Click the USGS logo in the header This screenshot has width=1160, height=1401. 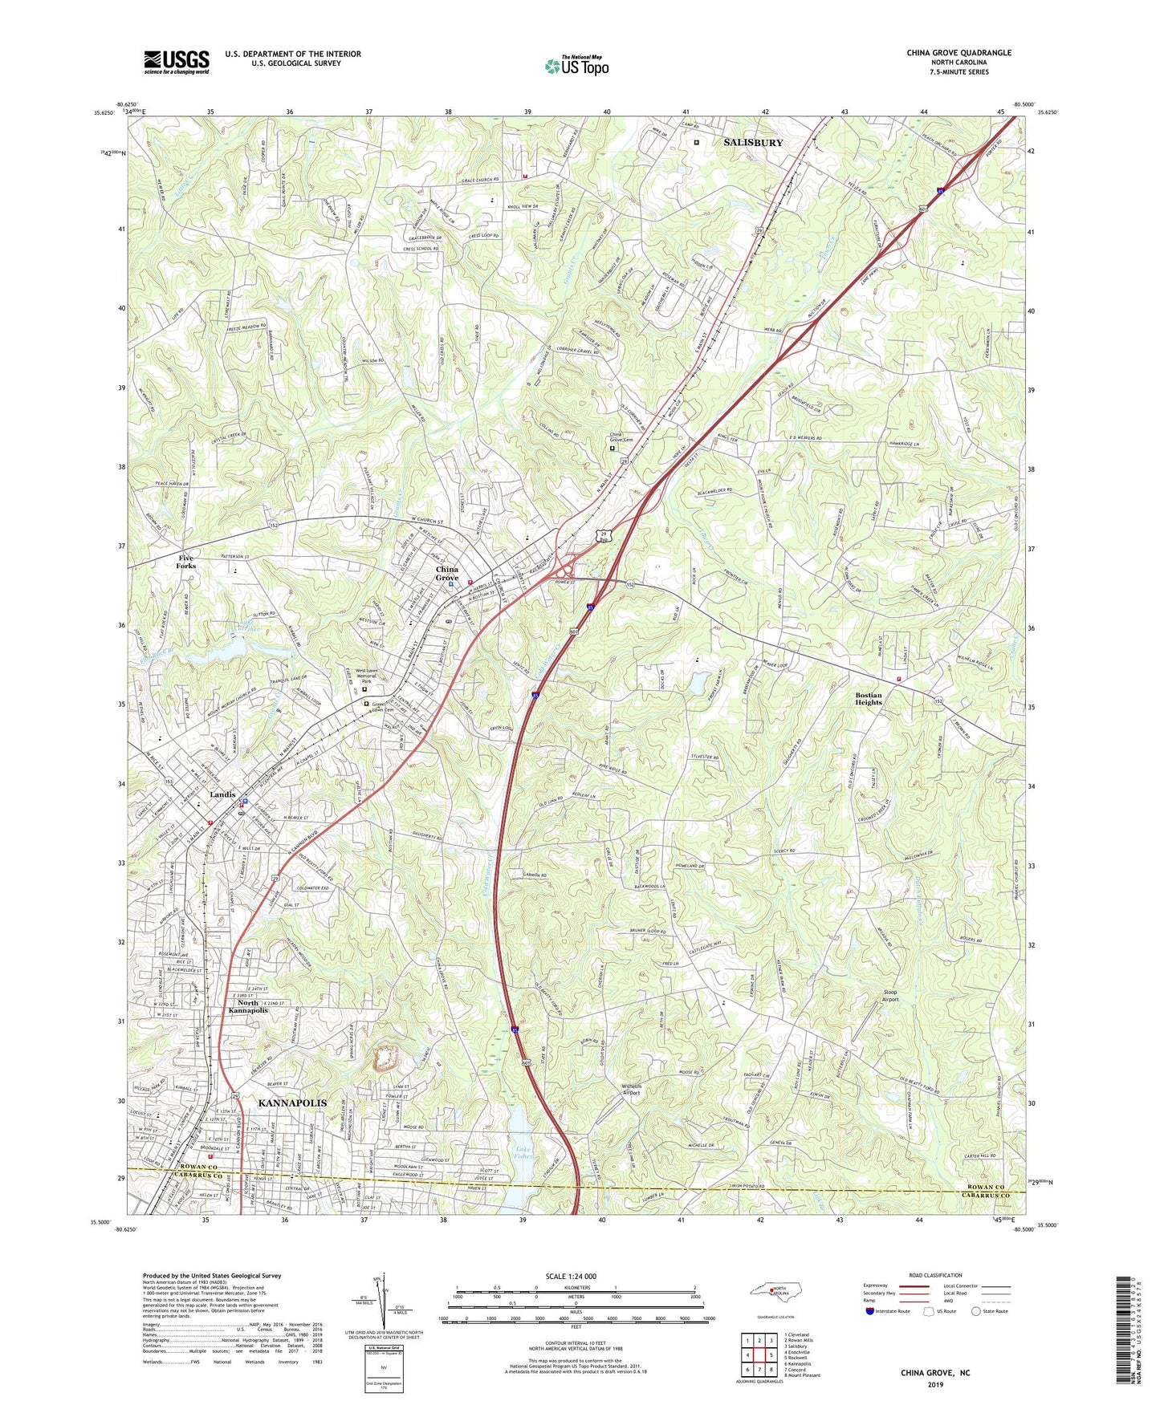177,62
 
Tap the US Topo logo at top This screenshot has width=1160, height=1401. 576,66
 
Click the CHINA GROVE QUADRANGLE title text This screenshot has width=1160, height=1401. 959,53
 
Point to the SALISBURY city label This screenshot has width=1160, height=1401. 753,143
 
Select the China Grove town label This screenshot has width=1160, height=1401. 447,574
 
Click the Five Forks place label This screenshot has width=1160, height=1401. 185,562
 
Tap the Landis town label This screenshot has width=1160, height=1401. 222,794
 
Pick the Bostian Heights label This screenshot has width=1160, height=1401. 868,699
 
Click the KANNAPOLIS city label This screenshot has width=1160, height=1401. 292,1103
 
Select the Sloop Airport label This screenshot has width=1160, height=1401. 885,996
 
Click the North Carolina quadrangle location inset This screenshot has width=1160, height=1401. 775,1291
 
